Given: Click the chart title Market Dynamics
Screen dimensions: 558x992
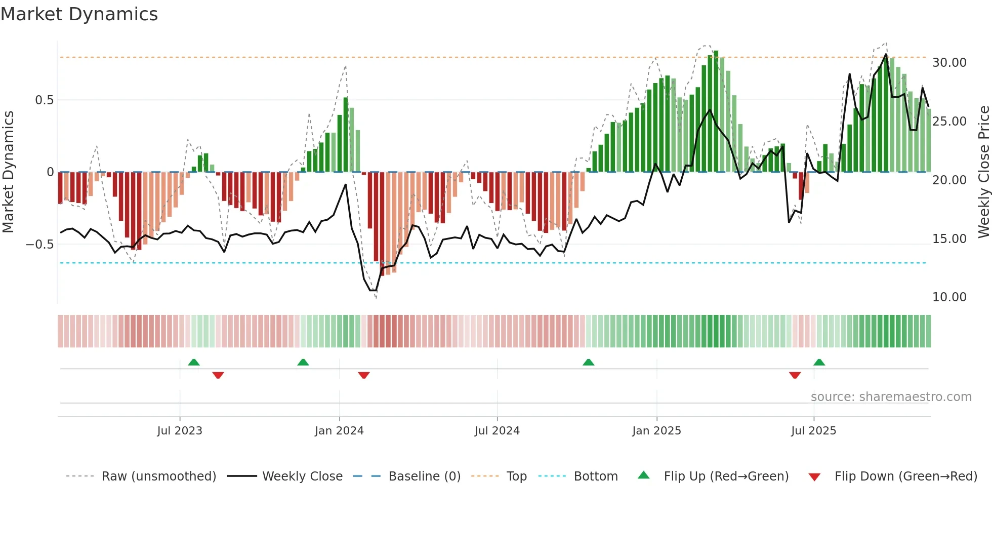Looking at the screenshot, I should click(x=79, y=14).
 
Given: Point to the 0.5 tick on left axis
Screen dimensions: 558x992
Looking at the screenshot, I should click(x=44, y=100).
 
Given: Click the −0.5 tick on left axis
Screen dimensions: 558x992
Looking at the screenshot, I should click(x=40, y=245).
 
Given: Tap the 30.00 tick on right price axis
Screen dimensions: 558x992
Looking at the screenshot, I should click(x=949, y=63).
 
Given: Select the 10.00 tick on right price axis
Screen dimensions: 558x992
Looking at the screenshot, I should click(x=949, y=297).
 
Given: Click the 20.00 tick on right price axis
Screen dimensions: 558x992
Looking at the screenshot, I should click(x=949, y=180).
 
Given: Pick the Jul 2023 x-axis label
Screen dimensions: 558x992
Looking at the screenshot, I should click(x=179, y=431).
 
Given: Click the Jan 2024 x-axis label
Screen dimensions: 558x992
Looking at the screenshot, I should click(x=339, y=431).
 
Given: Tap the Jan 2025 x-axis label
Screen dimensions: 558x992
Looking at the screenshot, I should click(x=656, y=431).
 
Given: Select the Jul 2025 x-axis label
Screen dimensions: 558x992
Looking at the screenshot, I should click(x=813, y=431).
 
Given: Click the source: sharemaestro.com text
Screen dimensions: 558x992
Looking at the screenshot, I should click(x=891, y=397).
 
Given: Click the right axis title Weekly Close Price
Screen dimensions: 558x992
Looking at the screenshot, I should click(x=983, y=172).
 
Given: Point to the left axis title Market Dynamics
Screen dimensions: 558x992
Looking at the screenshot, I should click(x=8, y=172).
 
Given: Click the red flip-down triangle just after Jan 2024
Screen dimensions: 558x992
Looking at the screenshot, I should click(x=363, y=375).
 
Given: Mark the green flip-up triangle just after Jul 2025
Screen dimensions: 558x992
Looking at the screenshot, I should click(x=819, y=362).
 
